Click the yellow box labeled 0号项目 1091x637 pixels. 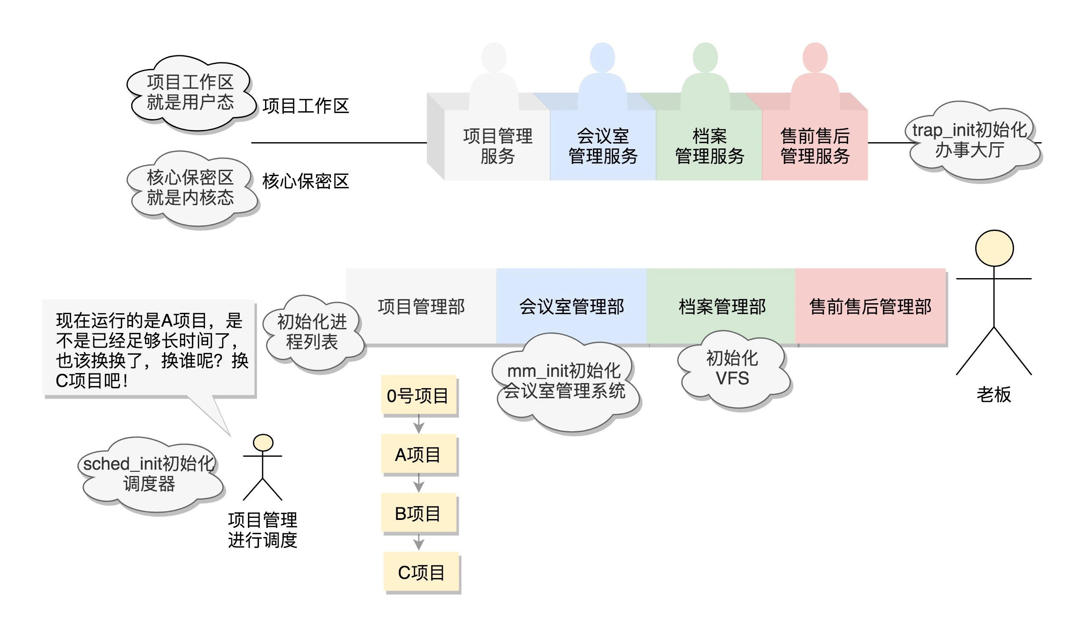pyautogui.click(x=419, y=395)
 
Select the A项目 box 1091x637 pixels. pyautogui.click(x=419, y=454)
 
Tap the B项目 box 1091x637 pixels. pyautogui.click(x=419, y=513)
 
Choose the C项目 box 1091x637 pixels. pyautogui.click(x=421, y=572)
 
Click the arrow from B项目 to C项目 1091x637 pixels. pyautogui.click(x=419, y=542)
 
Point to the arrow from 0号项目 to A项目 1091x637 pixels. pyautogui.click(x=419, y=424)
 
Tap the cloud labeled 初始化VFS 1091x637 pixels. pyautogui.click(x=733, y=369)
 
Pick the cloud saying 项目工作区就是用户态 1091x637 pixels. pyautogui.click(x=191, y=93)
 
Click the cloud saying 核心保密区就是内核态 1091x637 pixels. pyautogui.click(x=191, y=188)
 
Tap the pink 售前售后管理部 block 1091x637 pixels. pyautogui.click(x=870, y=306)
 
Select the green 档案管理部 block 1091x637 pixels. pyautogui.click(x=721, y=306)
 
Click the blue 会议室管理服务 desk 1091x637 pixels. pyautogui.click(x=603, y=146)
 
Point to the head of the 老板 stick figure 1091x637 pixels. pyautogui.click(x=994, y=248)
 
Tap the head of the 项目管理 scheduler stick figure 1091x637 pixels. pyautogui.click(x=263, y=443)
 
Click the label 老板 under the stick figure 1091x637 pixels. pyautogui.click(x=994, y=394)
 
